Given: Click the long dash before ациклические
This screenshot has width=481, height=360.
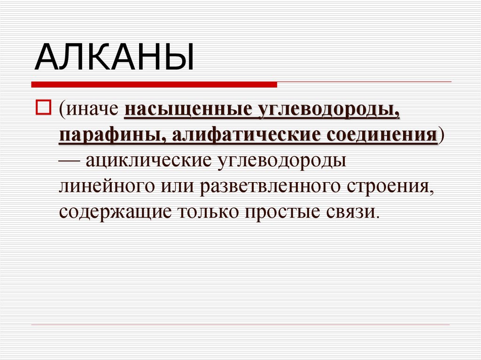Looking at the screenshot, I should tap(70, 161).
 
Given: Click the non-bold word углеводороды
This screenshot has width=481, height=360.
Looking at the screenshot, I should tap(281, 161).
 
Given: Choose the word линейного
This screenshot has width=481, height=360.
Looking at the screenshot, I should tap(101, 186).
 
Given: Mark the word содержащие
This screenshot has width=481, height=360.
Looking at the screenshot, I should tap(113, 211).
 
